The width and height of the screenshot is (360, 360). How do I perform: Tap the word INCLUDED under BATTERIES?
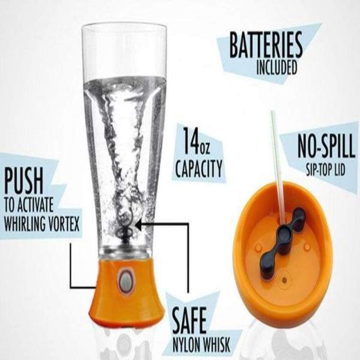(276, 68)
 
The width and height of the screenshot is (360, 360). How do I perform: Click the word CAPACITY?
(198, 168)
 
